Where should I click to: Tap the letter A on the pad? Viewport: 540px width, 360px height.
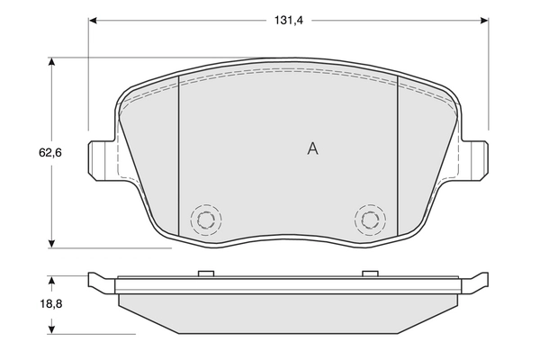pos(312,148)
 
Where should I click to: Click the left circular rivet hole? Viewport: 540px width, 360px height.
pos(205,219)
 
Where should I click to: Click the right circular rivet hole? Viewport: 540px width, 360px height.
pos(367,219)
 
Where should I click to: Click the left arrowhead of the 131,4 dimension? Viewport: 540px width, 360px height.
pos(94,19)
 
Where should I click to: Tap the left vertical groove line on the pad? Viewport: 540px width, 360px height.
pos(180,157)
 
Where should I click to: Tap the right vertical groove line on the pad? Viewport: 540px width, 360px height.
pos(398,157)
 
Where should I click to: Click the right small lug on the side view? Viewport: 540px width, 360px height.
pos(367,274)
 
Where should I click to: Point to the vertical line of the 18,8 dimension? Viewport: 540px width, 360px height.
pos(53,306)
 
